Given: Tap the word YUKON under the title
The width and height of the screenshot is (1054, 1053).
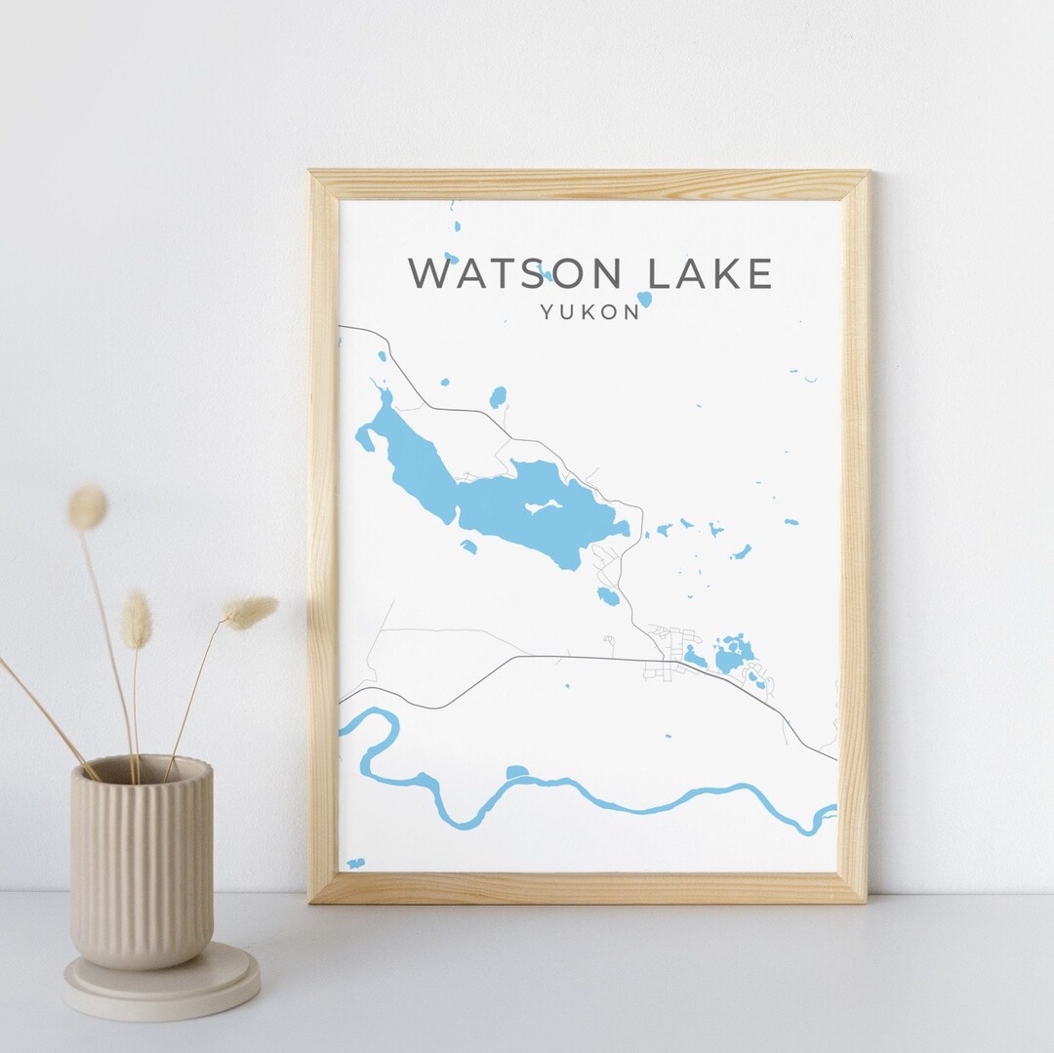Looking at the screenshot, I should [590, 312].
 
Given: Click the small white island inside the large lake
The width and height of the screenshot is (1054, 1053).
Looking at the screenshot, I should [544, 506].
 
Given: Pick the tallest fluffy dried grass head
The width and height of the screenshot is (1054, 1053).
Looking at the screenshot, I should [87, 508].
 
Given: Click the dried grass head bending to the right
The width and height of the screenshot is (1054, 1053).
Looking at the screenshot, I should [251, 612].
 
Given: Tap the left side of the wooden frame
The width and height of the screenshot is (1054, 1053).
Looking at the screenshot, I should [323, 537].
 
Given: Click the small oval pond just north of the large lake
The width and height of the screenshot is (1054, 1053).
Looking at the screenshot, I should [498, 397].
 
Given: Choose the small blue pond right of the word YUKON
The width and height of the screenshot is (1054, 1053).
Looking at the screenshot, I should [644, 300].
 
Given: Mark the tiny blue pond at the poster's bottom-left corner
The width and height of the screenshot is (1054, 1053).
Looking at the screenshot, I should [355, 863].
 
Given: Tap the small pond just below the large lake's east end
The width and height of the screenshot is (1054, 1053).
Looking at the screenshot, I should [608, 596].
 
